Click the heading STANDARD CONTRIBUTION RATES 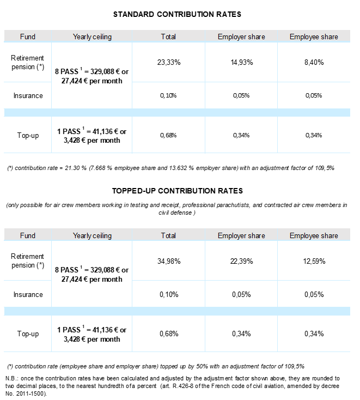[177, 14]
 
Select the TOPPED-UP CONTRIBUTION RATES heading [178, 191]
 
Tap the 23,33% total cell [169, 62]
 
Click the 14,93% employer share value [242, 62]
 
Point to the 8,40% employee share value [314, 62]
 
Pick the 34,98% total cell [169, 261]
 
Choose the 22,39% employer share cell [242, 261]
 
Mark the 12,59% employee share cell [314, 261]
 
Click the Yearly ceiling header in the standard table [92, 37]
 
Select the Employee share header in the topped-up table [314, 235]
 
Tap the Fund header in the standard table [28, 37]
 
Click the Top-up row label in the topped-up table [28, 334]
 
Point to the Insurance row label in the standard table [28, 96]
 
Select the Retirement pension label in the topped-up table [28, 260]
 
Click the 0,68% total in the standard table [168, 135]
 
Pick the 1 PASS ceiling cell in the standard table [92, 136]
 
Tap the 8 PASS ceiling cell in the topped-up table [92, 274]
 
